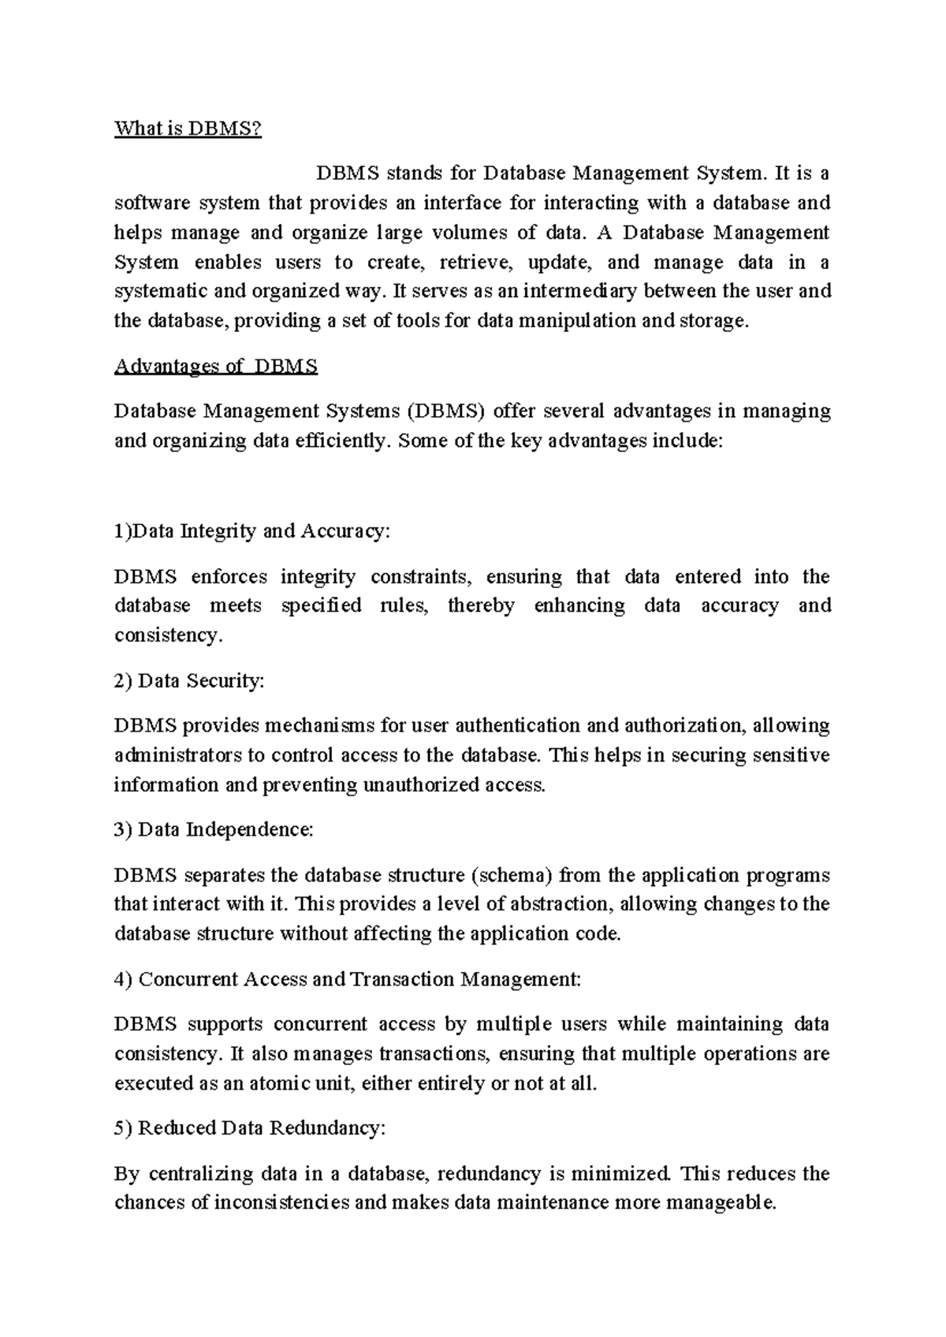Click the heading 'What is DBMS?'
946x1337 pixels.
pos(187,128)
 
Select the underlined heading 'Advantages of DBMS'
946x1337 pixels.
pos(215,367)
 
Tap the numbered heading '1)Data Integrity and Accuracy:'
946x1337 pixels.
pos(251,531)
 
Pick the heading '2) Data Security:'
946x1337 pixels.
pos(189,681)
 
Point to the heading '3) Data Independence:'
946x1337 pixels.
pos(214,830)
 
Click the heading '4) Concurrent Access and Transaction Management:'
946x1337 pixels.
pos(347,980)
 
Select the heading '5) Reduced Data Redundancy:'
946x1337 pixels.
pos(249,1129)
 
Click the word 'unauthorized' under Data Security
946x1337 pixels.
pos(419,786)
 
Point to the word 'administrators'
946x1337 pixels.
pos(178,756)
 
